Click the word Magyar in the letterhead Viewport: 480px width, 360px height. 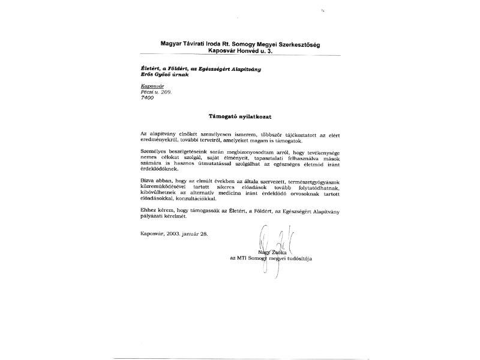coord(172,44)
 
